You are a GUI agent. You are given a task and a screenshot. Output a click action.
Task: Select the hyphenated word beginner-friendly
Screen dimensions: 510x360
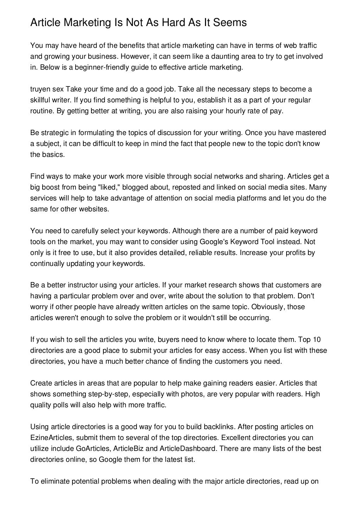91,67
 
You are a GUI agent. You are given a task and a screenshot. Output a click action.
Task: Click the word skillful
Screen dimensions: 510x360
41,100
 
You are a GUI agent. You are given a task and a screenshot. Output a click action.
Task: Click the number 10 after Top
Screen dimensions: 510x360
316,339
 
